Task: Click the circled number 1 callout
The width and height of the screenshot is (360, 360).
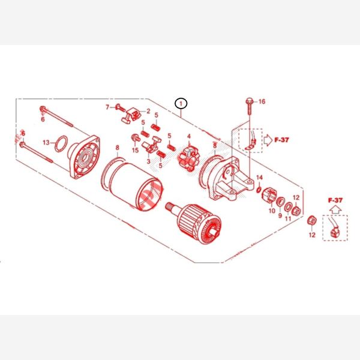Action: pyautogui.click(x=181, y=104)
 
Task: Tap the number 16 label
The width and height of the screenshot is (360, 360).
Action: pyautogui.click(x=262, y=101)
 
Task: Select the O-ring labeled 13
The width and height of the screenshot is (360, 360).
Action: pyautogui.click(x=61, y=144)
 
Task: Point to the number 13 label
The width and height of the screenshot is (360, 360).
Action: pyautogui.click(x=46, y=143)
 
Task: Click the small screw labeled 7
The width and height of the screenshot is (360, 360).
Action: pyautogui.click(x=121, y=107)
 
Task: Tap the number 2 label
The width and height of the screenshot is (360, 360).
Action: pyautogui.click(x=148, y=111)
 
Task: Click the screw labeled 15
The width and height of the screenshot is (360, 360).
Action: pyautogui.click(x=136, y=138)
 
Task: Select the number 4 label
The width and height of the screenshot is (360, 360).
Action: pyautogui.click(x=189, y=136)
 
